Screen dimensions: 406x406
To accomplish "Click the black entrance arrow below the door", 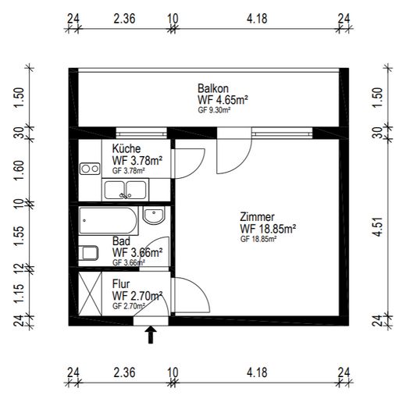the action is [151, 335].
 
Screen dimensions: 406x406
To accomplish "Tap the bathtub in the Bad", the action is [109, 221].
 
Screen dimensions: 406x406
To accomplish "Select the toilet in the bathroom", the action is [88, 253].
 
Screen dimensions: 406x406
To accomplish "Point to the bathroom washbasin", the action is [154, 215].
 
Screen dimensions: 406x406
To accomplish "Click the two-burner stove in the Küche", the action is [90, 169].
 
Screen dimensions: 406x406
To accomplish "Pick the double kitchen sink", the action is [125, 190].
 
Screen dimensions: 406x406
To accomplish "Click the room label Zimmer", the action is [257, 217].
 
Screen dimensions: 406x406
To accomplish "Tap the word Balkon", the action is [213, 88].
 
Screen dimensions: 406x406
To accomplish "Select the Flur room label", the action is [121, 283].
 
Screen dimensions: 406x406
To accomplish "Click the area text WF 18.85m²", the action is [268, 229].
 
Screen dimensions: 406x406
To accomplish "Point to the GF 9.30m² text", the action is [214, 110].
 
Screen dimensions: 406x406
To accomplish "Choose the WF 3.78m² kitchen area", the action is [137, 161].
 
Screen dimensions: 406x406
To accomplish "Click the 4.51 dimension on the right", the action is [378, 226].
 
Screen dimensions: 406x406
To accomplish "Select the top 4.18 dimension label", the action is [257, 19].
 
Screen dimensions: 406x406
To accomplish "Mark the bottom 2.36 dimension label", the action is [124, 372].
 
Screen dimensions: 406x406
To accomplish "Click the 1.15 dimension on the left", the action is [20, 294].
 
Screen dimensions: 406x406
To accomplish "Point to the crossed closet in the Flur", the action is [90, 294].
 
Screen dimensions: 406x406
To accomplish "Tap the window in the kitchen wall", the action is [141, 134].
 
